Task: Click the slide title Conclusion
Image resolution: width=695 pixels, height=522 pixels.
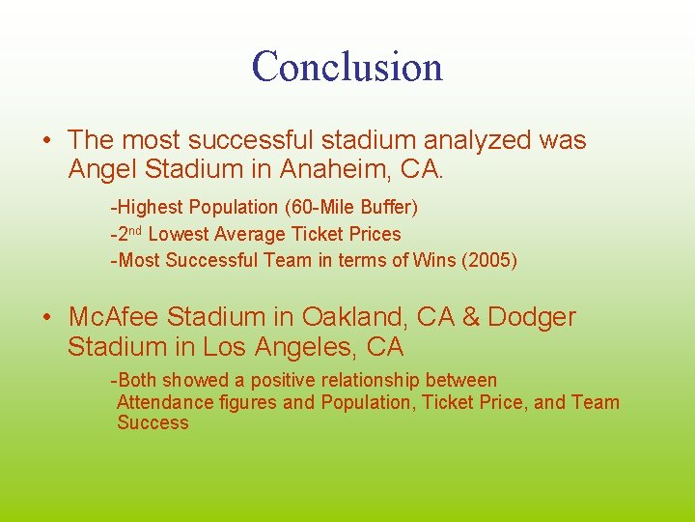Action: point(347,66)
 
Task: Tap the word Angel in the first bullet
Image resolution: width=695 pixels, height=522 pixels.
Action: point(103,170)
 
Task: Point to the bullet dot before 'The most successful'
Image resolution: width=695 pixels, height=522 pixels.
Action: point(47,141)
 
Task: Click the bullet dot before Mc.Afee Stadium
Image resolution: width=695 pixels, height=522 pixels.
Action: point(47,317)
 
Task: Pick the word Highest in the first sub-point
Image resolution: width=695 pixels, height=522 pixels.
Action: point(152,207)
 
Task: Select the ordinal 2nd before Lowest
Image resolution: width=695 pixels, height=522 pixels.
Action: point(131,233)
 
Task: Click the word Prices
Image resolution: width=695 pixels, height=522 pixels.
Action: point(375,234)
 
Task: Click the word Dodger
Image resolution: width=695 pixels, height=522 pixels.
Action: point(531,317)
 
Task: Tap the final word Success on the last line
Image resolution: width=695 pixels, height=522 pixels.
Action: point(153,423)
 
